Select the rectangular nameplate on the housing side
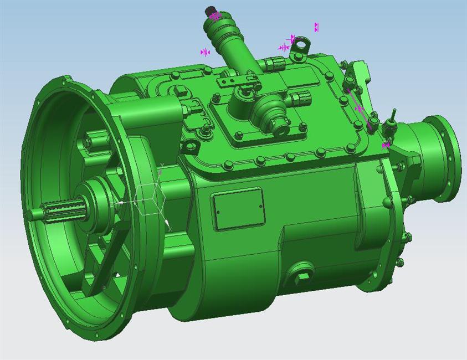[x=239, y=208]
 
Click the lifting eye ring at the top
[x=300, y=44]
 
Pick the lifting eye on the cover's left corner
[x=190, y=147]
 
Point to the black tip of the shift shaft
[x=210, y=9]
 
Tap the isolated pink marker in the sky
[x=316, y=27]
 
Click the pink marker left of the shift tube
[x=205, y=52]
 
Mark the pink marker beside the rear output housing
[x=386, y=145]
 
